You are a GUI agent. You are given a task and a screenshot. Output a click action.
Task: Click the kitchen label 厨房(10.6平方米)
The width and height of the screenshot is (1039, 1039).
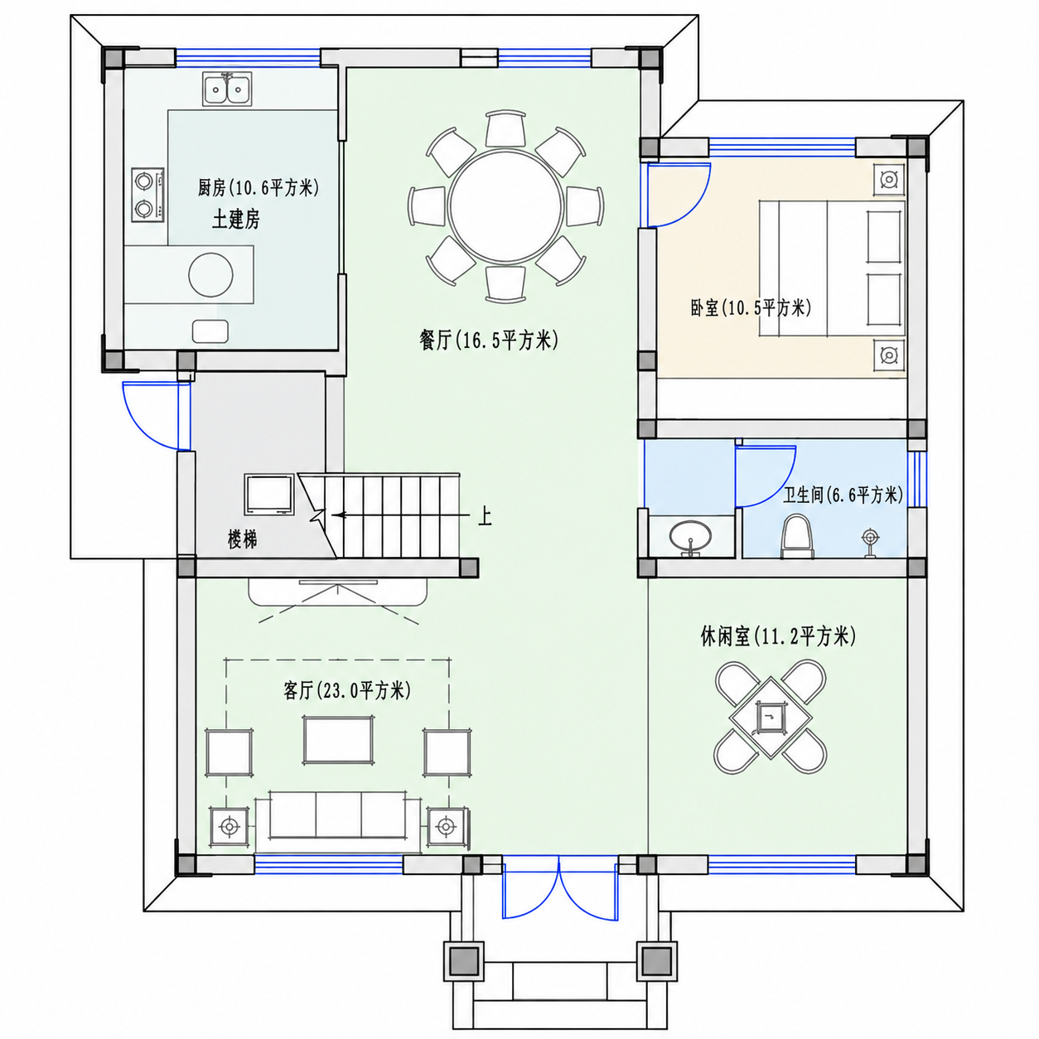click(x=259, y=188)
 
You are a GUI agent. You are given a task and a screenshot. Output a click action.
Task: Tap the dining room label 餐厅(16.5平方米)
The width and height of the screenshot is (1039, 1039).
click(x=489, y=341)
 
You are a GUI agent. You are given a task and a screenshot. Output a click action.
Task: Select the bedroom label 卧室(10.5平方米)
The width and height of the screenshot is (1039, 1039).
click(x=751, y=308)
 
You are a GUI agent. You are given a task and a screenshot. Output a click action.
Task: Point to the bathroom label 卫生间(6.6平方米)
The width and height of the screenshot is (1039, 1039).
click(x=843, y=495)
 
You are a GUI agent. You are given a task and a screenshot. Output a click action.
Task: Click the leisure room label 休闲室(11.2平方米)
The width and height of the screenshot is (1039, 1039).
click(x=778, y=637)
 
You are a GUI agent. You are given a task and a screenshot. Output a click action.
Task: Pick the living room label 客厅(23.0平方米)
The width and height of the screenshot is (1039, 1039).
click(x=346, y=690)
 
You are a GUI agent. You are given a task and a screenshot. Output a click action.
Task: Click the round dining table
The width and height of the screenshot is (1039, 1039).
click(x=505, y=206)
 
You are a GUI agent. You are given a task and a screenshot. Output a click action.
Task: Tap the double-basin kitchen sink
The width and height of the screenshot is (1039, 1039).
click(x=226, y=89)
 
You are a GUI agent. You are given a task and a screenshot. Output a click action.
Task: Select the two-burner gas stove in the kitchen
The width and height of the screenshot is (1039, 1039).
click(x=147, y=194)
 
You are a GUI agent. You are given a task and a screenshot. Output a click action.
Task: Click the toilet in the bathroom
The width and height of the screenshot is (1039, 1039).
click(x=796, y=535)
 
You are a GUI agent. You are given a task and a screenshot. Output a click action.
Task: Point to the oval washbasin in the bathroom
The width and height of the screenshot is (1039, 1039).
click(x=690, y=535)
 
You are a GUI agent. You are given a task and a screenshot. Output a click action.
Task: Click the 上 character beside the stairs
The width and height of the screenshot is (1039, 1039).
click(x=485, y=516)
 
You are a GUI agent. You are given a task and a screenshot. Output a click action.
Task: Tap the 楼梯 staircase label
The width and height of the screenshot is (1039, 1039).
click(x=242, y=539)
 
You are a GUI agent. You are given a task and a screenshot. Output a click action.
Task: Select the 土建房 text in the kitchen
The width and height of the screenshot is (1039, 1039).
click(x=235, y=220)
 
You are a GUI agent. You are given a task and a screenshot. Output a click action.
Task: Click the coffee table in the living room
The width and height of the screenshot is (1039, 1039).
click(x=338, y=740)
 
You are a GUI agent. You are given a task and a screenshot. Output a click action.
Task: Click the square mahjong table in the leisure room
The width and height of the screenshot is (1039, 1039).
click(x=771, y=718)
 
